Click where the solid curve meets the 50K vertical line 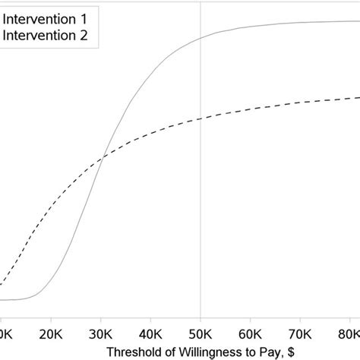tap(201, 35)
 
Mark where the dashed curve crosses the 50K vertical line tap(201, 118)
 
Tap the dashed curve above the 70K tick tap(300, 103)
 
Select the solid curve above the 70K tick tap(300, 22)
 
